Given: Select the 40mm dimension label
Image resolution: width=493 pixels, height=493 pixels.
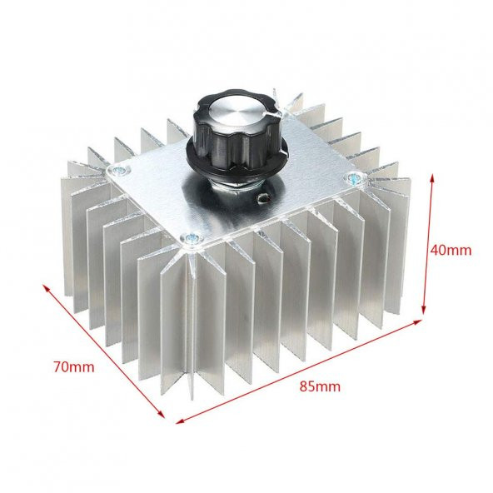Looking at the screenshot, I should point(452,249).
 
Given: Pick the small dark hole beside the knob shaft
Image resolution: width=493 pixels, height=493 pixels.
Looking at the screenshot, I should point(266,199).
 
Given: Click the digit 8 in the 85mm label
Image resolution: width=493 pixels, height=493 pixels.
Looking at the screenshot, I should point(305,386).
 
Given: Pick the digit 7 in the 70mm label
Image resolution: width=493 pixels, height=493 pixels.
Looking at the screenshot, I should point(57,366).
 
